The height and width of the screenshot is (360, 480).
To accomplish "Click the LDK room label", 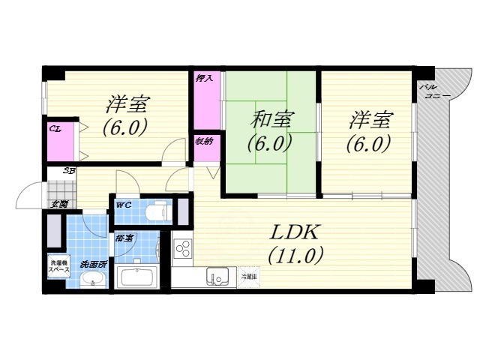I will pos(295,232).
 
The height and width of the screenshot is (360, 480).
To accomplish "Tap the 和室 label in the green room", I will pos(271,119).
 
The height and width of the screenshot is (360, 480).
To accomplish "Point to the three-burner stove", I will pos(182,249).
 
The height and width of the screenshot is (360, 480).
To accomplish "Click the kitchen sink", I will pos(219,277).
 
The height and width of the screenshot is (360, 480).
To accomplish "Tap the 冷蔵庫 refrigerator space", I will pos(248,277).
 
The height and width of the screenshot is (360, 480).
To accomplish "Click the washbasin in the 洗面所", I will pos(92,279).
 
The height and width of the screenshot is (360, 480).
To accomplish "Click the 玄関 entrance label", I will pos(59,204).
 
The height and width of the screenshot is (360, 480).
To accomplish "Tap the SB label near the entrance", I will pos(68,171).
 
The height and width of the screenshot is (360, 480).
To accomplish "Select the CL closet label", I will pos(55,129).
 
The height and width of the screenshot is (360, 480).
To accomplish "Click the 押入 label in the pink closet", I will pos(204,78).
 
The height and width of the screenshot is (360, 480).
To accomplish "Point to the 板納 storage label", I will pos(204,140).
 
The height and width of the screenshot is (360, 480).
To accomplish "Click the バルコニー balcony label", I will pos(430,92).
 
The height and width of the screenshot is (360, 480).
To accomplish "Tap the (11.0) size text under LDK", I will pos(295,256).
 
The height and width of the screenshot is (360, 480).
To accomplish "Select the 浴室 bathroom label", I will pos(124,238).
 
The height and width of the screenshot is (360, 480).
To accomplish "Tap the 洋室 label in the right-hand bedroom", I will pos(370,119).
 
